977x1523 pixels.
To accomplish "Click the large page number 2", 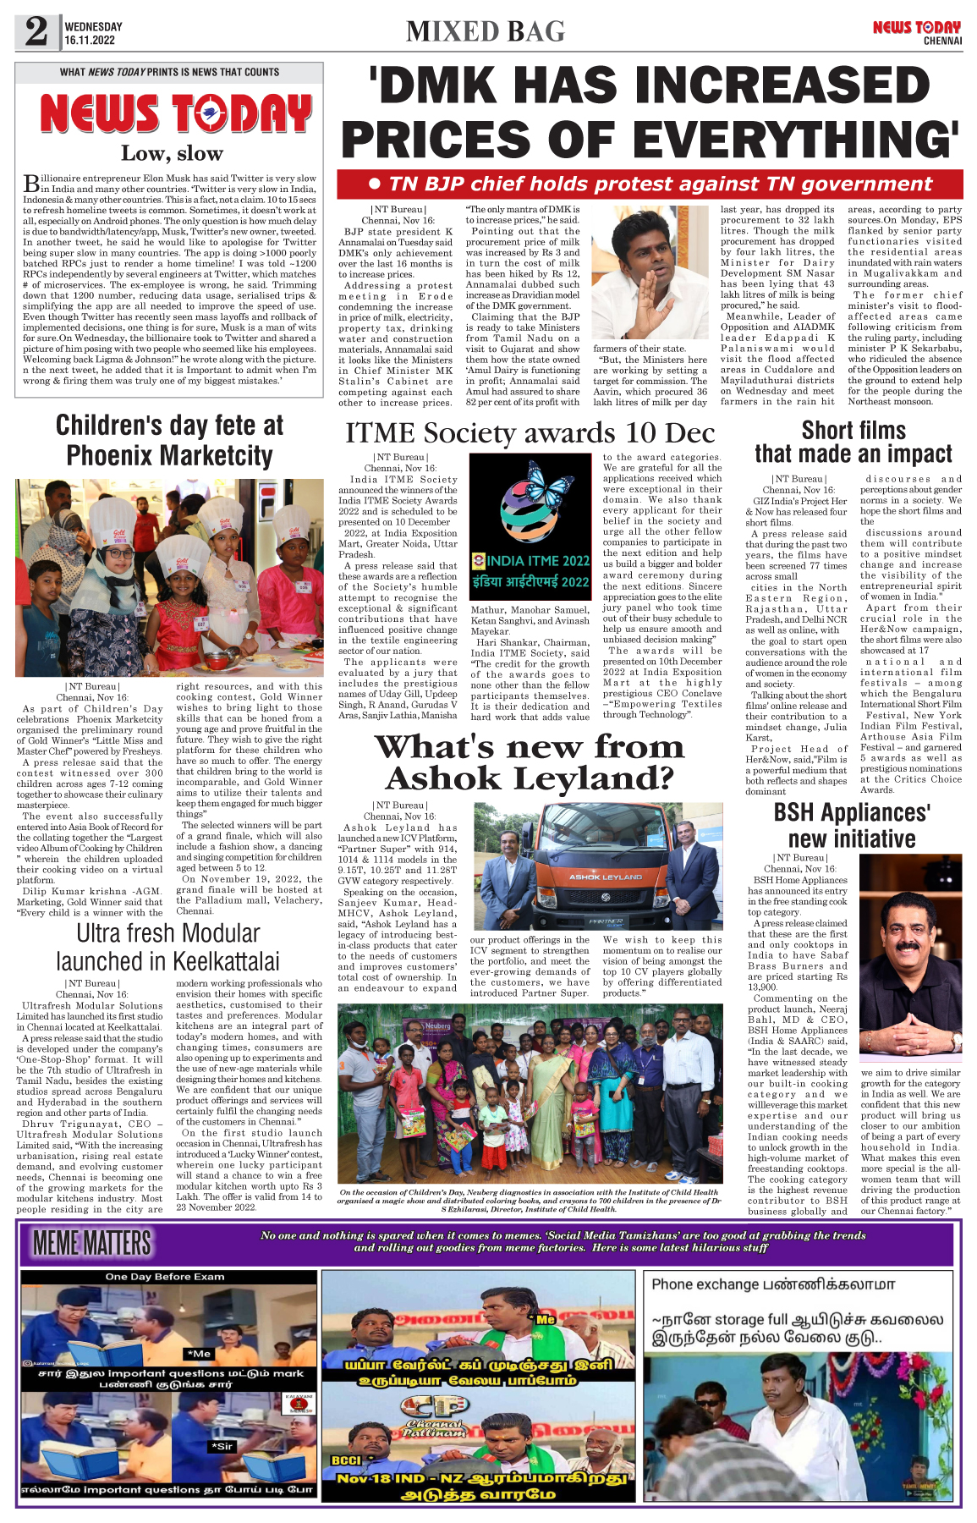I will point(36,31).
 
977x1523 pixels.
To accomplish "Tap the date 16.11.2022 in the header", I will point(90,40).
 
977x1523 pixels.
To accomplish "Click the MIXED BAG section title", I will point(485,31).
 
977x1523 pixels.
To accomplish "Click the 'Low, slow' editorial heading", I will point(172,153).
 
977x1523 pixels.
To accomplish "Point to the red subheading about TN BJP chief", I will point(650,184).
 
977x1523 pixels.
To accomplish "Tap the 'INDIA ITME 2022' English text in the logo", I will point(537,560).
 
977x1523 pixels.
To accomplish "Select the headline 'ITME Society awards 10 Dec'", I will point(530,433).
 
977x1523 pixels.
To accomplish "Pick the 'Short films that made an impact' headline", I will point(854,442).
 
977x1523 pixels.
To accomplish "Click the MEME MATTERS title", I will point(92,1243).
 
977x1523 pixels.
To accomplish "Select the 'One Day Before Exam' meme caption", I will point(165,1277).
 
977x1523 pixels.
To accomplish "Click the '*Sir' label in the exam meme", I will point(222,1446).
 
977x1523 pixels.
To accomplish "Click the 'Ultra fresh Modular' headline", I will point(168,933).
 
